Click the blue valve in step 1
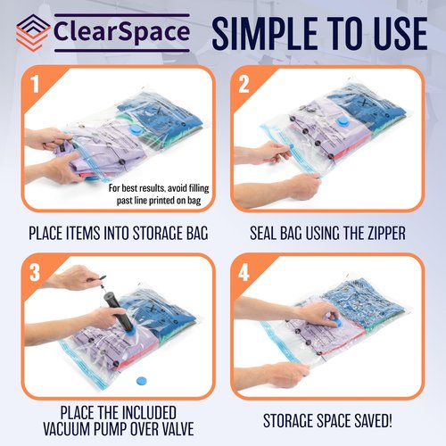tap(136, 128)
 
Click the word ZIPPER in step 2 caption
tap(376, 235)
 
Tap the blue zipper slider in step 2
tap(288, 161)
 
